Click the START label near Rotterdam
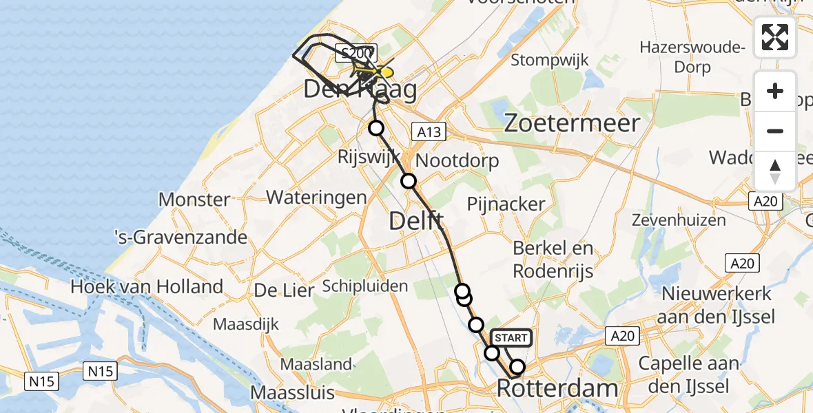[511, 337]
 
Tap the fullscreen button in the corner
[775, 37]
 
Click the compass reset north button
[775, 171]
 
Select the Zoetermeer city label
[573, 123]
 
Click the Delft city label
[417, 221]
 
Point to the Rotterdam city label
[557, 388]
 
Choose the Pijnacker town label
[506, 204]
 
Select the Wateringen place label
[316, 197]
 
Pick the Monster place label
[194, 200]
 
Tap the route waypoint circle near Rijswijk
[376, 127]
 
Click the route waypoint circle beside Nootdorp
[409, 181]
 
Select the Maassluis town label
[293, 393]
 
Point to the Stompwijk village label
[550, 60]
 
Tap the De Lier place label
[280, 290]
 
